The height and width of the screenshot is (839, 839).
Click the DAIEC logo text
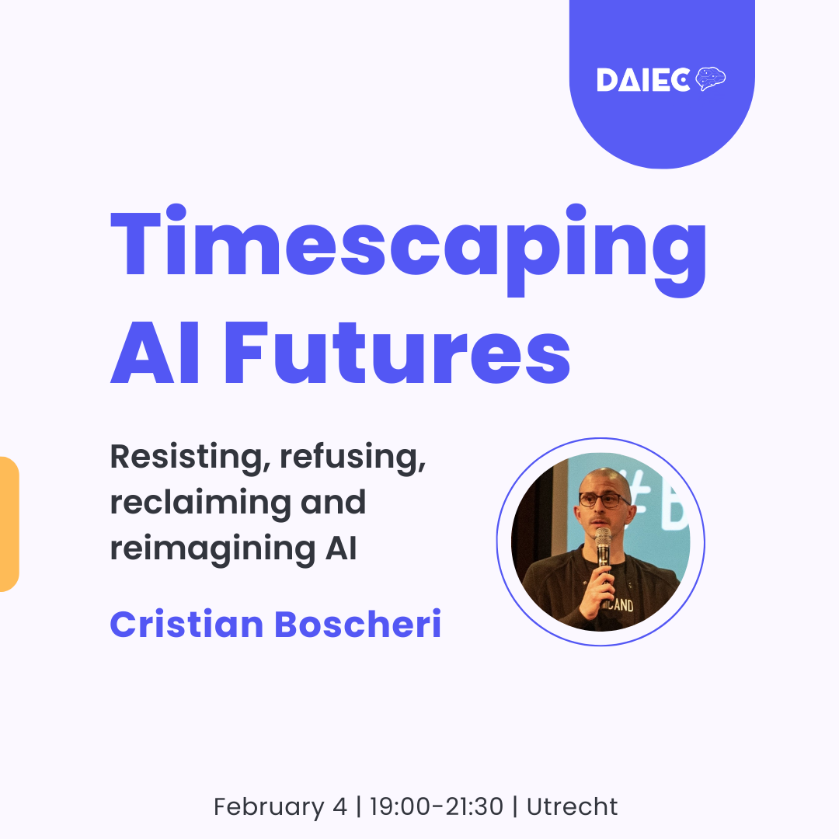pyautogui.click(x=642, y=80)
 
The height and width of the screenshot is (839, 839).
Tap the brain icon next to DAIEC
pyautogui.click(x=711, y=78)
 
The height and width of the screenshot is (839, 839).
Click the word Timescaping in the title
pyautogui.click(x=409, y=245)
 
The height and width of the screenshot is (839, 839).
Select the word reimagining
pyautogui.click(x=206, y=548)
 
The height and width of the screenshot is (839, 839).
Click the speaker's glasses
pyautogui.click(x=603, y=500)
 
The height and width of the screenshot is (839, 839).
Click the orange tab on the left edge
pyautogui.click(x=9, y=524)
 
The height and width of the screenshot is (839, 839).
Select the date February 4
pyautogui.click(x=280, y=807)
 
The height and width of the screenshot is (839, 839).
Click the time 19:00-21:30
pyautogui.click(x=436, y=807)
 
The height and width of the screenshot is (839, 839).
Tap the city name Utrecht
pyautogui.click(x=573, y=807)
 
